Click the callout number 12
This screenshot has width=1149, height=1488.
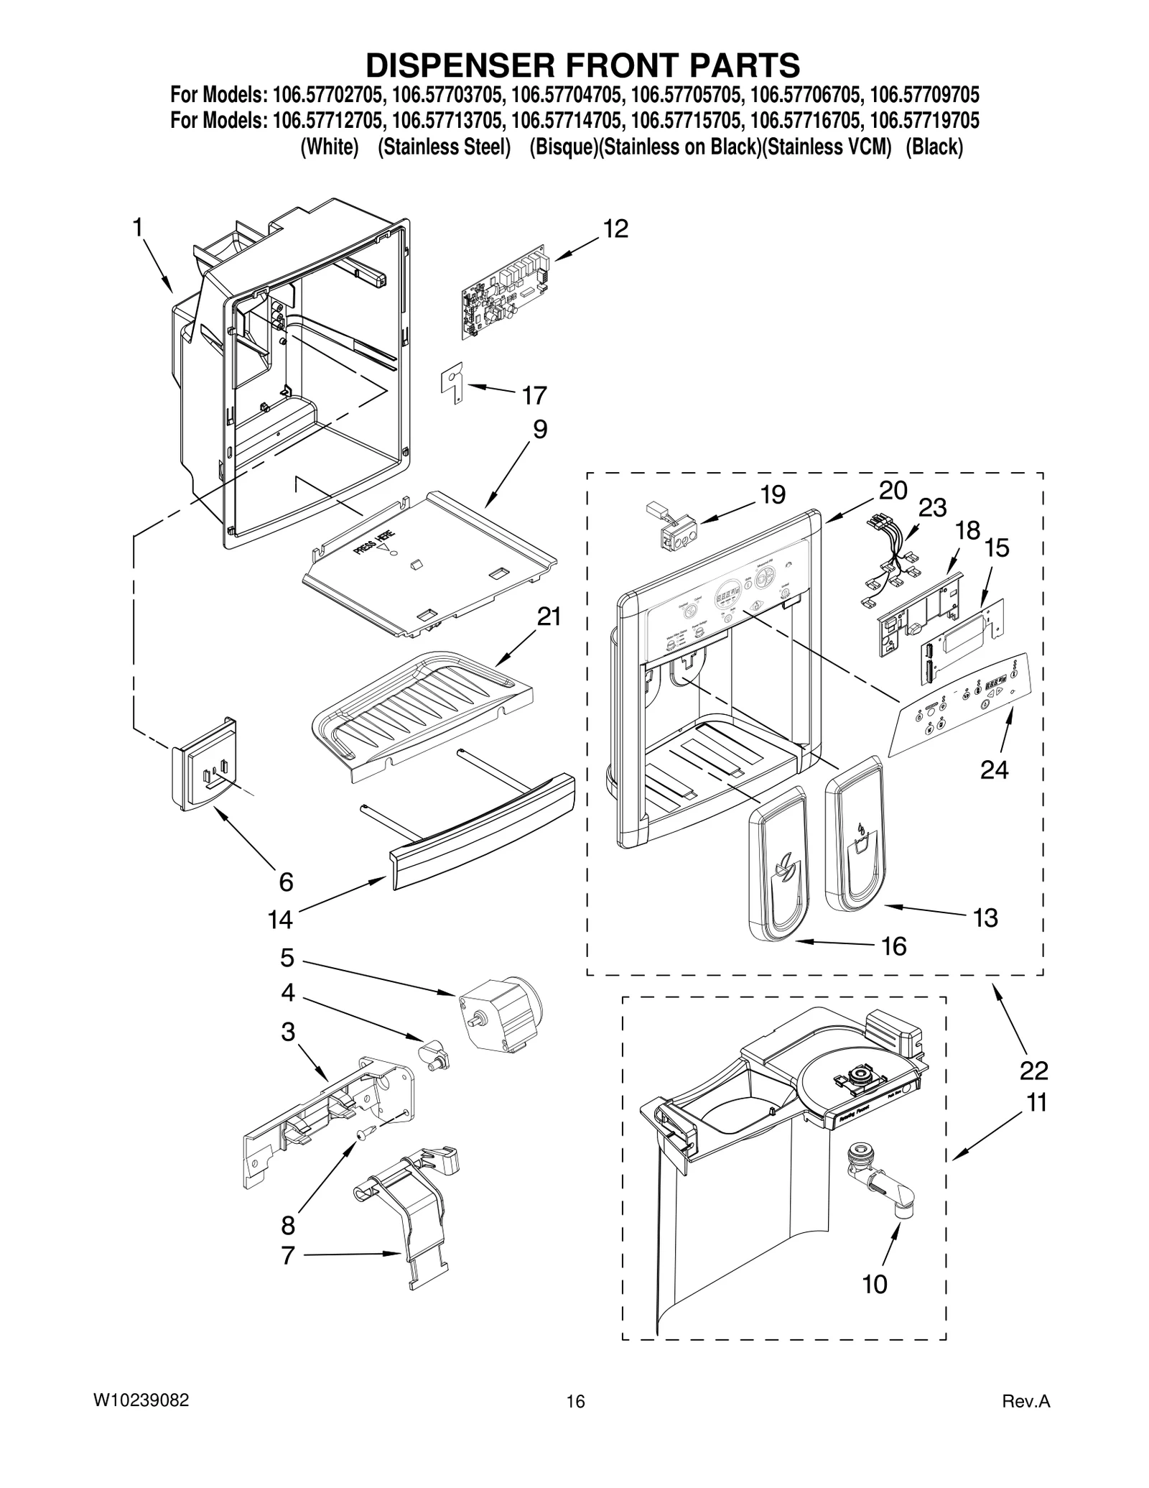coord(615,229)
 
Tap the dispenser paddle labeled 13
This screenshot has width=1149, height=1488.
coord(855,833)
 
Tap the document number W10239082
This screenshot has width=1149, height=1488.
coord(141,1400)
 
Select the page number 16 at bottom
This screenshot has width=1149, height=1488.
coord(574,1402)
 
